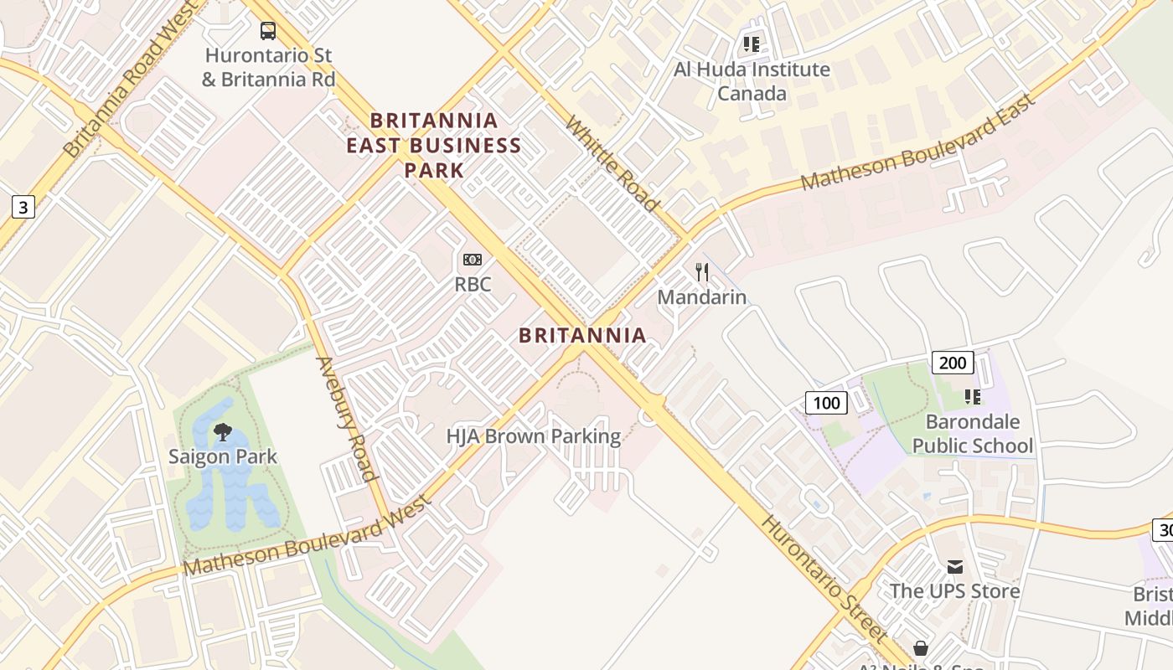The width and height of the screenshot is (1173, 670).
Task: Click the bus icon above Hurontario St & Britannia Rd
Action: tap(268, 31)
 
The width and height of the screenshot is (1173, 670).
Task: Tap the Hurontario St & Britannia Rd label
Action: tap(268, 68)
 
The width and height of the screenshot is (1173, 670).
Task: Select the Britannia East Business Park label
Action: tap(434, 146)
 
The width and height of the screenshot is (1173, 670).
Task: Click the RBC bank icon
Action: tap(473, 260)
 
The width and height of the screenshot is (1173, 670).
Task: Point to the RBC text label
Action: tap(473, 285)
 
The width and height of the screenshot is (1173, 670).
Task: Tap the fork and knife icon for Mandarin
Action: tap(702, 272)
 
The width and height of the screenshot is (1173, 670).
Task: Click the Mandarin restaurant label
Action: tap(702, 297)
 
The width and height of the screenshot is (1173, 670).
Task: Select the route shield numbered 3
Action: tap(23, 207)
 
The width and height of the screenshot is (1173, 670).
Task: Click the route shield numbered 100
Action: tap(826, 403)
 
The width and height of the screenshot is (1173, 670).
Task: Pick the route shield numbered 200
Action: tap(952, 363)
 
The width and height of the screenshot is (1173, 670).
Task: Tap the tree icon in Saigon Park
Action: tap(223, 432)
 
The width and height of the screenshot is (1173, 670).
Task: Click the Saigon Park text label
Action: tap(223, 457)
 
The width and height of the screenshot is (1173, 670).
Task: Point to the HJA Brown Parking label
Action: tap(534, 436)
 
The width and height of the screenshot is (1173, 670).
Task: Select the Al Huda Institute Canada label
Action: tap(752, 81)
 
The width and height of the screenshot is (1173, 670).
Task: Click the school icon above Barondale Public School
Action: tap(973, 396)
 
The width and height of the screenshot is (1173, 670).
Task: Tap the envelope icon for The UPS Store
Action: tap(955, 567)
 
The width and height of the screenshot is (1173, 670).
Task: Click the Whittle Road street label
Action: tap(612, 163)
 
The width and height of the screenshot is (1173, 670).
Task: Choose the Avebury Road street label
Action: tap(345, 419)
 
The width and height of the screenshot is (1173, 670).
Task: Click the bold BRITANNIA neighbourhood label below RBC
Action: tap(582, 336)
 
